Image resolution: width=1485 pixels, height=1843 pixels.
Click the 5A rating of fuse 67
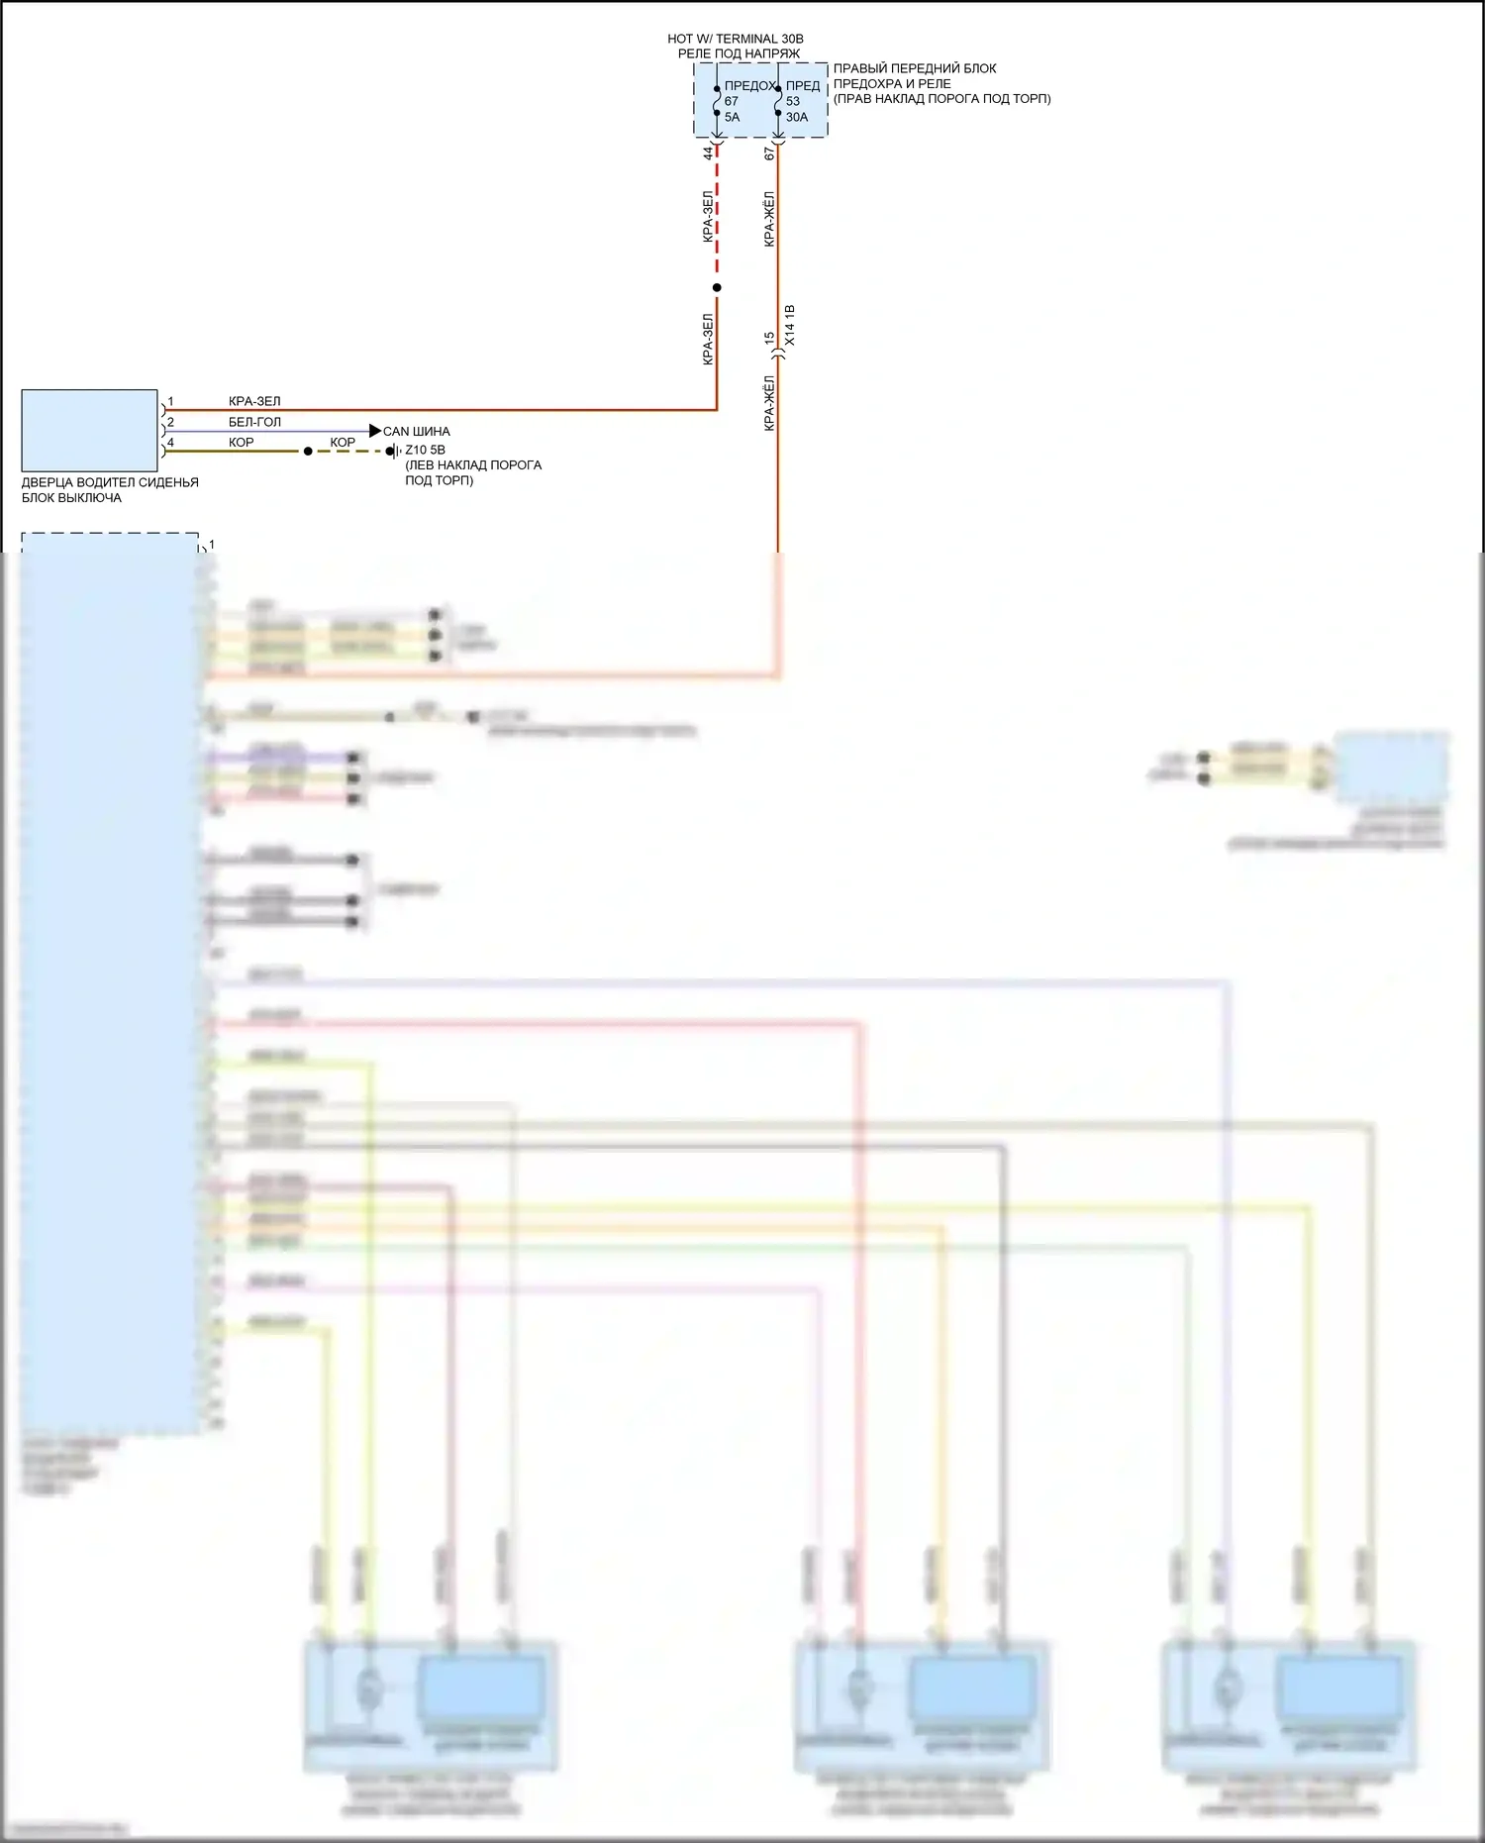pos(732,117)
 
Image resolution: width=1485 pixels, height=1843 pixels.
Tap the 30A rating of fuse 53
pos(797,117)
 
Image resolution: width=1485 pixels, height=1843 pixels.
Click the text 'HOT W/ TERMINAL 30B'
pos(736,39)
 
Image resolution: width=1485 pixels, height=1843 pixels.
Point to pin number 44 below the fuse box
pos(708,154)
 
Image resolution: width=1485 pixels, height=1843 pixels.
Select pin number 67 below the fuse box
pos(769,154)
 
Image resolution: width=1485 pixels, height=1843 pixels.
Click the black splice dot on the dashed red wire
pos(717,288)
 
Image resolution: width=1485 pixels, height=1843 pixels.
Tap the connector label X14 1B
pos(789,326)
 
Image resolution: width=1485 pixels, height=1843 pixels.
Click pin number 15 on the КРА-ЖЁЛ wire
pos(769,339)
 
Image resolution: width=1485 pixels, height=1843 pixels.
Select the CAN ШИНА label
pos(417,432)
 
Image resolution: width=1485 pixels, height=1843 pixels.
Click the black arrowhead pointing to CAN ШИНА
pos(374,431)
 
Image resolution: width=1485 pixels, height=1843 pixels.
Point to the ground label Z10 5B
pos(425,450)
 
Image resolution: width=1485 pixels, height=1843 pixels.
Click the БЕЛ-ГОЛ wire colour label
pos(254,422)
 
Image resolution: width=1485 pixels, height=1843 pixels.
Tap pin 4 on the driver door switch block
pos(170,443)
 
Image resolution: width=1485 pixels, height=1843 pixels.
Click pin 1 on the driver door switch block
pos(170,402)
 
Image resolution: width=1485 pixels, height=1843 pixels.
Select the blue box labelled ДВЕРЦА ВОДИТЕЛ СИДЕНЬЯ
pos(89,430)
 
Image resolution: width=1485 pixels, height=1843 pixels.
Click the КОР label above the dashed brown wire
pos(343,443)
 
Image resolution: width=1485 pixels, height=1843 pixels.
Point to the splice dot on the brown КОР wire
pos(308,451)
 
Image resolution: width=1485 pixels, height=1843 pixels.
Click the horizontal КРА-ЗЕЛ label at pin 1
pos(254,402)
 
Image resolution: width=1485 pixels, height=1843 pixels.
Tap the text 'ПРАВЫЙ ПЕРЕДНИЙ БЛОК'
pos(915,68)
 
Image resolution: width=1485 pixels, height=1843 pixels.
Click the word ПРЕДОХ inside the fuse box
pos(749,86)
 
